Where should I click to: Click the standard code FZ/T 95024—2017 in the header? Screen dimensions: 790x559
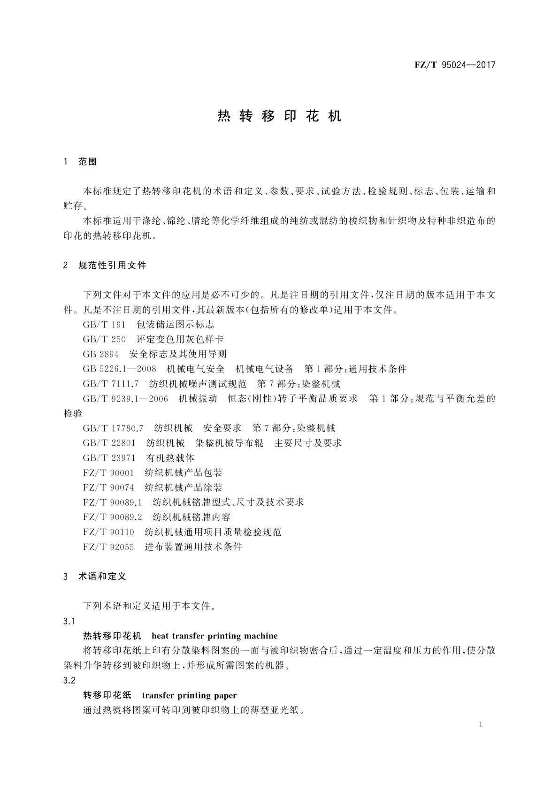tap(455, 65)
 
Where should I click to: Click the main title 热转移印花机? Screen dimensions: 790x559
tap(280, 116)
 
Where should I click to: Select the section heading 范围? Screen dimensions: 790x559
tap(88, 162)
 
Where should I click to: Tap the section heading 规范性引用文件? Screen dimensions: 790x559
tap(113, 266)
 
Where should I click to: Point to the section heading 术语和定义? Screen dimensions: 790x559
tap(102, 577)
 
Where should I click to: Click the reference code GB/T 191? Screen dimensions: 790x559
tap(104, 325)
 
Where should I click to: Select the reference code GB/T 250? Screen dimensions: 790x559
tap(104, 339)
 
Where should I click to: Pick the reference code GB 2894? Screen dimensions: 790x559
tap(100, 354)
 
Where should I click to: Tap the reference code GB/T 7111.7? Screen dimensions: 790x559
tap(111, 384)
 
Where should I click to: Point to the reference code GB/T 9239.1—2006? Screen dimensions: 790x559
tap(125, 399)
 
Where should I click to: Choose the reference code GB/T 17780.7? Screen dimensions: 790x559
tap(113, 428)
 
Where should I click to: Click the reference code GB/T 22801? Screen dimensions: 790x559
tap(109, 443)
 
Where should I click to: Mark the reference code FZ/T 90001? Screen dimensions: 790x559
tap(108, 473)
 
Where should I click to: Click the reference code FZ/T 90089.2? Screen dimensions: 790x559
tap(112, 517)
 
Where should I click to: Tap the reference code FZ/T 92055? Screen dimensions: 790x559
tap(108, 547)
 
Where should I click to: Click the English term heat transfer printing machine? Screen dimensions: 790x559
tap(214, 636)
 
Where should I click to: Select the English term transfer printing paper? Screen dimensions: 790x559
tap(189, 696)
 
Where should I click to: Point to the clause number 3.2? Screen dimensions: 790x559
tap(69, 681)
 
